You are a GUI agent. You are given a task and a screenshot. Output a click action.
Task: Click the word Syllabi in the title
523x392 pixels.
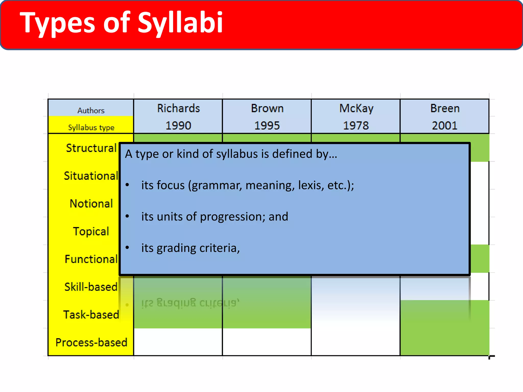[x=180, y=23]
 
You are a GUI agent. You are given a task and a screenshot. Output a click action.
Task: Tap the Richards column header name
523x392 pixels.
[x=178, y=108]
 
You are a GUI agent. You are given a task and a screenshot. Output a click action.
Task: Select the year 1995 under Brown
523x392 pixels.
[x=267, y=126]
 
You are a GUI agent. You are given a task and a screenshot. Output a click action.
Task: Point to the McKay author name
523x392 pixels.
[x=356, y=108]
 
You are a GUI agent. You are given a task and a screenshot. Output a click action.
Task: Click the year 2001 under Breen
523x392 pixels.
[x=444, y=126]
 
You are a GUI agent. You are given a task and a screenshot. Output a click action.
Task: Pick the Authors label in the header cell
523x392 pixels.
[x=91, y=111]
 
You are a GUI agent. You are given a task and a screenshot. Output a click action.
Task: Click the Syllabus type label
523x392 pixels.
[x=91, y=127]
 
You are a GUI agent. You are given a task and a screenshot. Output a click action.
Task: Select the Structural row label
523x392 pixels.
[x=91, y=148]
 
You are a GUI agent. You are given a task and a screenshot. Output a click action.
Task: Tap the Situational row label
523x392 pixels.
[x=91, y=176]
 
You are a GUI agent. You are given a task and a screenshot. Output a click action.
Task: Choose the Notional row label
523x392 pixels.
[x=91, y=204]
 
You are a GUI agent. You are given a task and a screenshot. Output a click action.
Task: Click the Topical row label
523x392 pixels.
[x=91, y=231]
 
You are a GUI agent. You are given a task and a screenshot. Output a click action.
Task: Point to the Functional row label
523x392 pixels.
[x=91, y=259]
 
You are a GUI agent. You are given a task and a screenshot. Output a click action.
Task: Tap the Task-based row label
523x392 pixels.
[x=91, y=315]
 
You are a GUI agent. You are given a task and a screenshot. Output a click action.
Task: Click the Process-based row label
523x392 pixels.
[x=91, y=342]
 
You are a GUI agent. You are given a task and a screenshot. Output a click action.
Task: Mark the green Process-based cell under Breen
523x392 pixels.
[x=444, y=342]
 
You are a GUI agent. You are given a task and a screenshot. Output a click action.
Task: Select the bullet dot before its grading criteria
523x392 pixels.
[x=127, y=247]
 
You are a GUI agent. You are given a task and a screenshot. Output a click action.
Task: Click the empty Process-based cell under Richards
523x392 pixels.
[x=178, y=342]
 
